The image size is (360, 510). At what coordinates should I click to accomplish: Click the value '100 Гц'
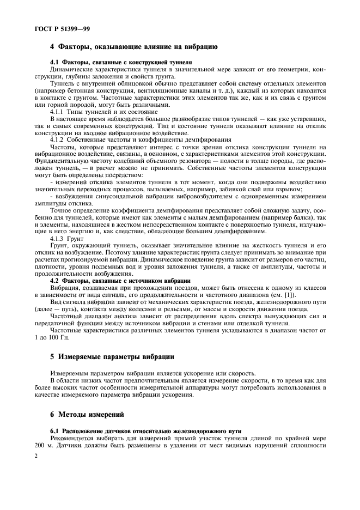coord(59,337)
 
